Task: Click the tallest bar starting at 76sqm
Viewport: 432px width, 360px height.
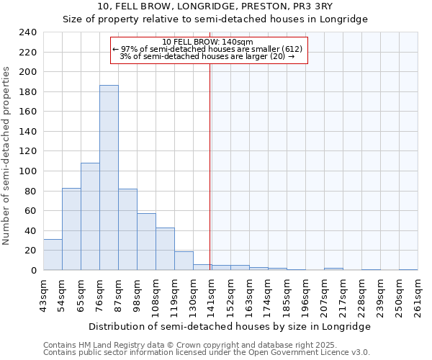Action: pyautogui.click(x=109, y=178)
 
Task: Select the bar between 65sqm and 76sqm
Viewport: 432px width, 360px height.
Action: pyautogui.click(x=90, y=216)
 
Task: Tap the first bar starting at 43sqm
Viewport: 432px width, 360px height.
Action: pyautogui.click(x=53, y=255)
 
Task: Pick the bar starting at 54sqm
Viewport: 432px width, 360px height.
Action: pyautogui.click(x=71, y=229)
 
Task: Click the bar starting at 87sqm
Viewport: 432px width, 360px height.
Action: pyautogui.click(x=127, y=230)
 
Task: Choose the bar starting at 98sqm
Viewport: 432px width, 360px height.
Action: pyautogui.click(x=146, y=242)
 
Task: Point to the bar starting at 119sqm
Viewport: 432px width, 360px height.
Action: pyautogui.click(x=184, y=261)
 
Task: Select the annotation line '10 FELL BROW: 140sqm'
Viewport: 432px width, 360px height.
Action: pyautogui.click(x=208, y=42)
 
